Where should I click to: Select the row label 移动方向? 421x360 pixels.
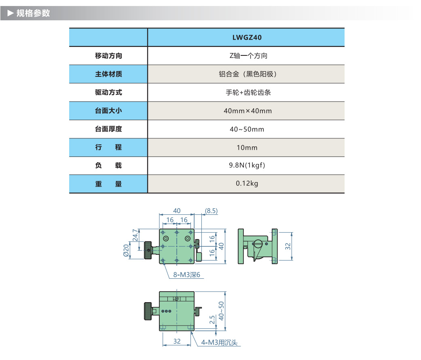(x=108, y=56)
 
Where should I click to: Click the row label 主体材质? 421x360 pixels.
(x=108, y=74)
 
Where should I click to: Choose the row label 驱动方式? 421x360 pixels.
(x=108, y=92)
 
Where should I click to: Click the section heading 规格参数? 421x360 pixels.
(x=33, y=13)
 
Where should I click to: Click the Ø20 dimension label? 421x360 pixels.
(x=126, y=251)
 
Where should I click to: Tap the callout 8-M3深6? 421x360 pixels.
(x=187, y=275)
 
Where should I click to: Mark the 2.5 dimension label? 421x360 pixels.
(x=212, y=319)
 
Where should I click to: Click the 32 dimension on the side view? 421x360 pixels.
(x=288, y=246)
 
